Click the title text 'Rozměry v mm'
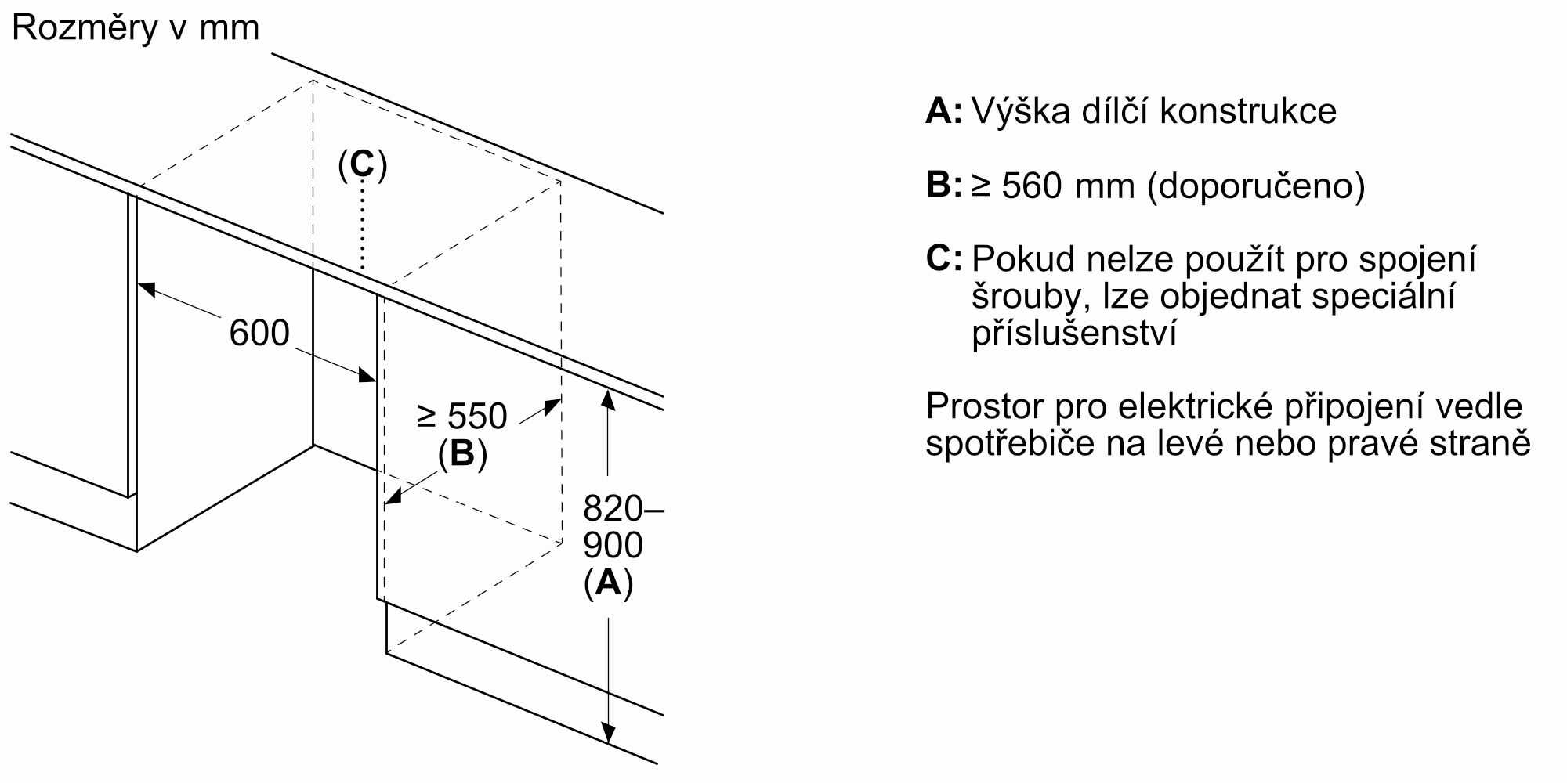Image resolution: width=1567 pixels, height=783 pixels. coord(136,29)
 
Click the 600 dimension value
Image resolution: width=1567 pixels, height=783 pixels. coord(259,334)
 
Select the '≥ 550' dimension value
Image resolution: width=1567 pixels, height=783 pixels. coord(462,417)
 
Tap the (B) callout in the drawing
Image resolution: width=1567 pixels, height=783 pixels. coord(462,454)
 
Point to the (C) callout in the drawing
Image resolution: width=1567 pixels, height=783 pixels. coord(362,165)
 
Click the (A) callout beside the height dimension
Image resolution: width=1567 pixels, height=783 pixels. coord(608,583)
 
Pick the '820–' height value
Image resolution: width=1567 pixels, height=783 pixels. coord(622,510)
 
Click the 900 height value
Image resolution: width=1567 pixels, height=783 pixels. coord(613,546)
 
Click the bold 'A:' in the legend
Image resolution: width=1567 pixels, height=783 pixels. coord(943,112)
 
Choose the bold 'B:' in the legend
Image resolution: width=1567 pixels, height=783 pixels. coord(943,186)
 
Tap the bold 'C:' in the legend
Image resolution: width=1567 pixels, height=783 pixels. coord(943,259)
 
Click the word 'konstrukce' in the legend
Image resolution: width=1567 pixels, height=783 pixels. coord(1247,112)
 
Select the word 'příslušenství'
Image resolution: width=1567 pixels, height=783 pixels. coord(1074,334)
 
